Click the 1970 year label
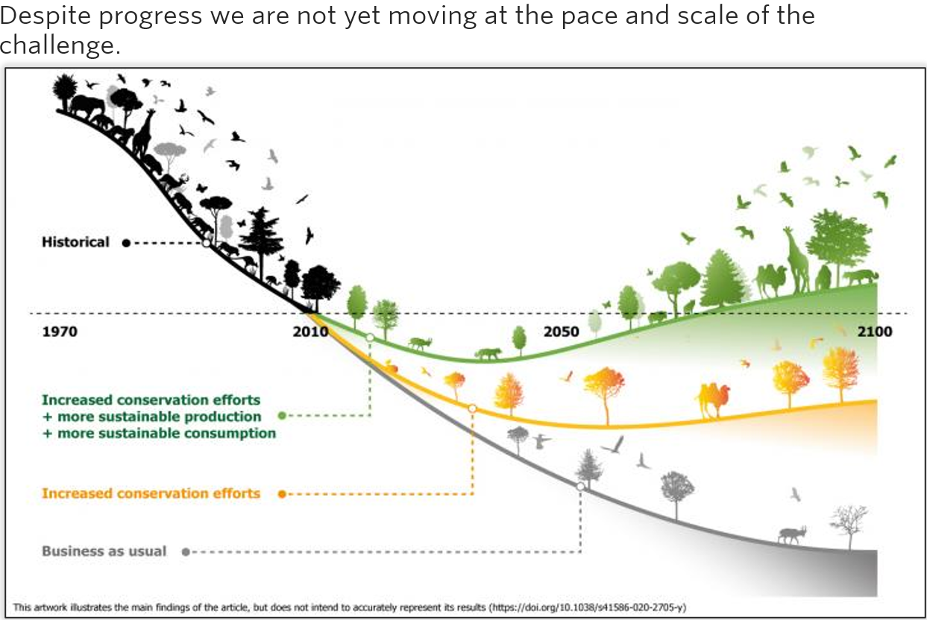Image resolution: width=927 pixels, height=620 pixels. (60, 332)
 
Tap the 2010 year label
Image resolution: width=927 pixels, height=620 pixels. (310, 332)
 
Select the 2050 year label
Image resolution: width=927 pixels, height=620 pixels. (561, 332)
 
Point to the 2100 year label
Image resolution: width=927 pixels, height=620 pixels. (875, 332)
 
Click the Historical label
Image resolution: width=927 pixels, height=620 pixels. (75, 242)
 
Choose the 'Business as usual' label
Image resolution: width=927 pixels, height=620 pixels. (104, 551)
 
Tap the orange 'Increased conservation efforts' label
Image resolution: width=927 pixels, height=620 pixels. (151, 493)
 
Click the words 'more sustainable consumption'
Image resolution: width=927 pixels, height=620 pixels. (167, 434)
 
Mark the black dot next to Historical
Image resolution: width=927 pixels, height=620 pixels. (126, 243)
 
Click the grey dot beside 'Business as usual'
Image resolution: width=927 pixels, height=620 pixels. (186, 551)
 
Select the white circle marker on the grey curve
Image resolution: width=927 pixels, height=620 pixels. (581, 487)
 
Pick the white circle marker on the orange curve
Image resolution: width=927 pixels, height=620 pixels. (472, 408)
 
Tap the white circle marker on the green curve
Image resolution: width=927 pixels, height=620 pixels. (370, 338)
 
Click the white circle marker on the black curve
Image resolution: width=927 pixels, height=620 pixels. (207, 243)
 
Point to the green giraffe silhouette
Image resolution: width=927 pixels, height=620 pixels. (797, 260)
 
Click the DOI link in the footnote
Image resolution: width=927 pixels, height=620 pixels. (587, 607)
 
